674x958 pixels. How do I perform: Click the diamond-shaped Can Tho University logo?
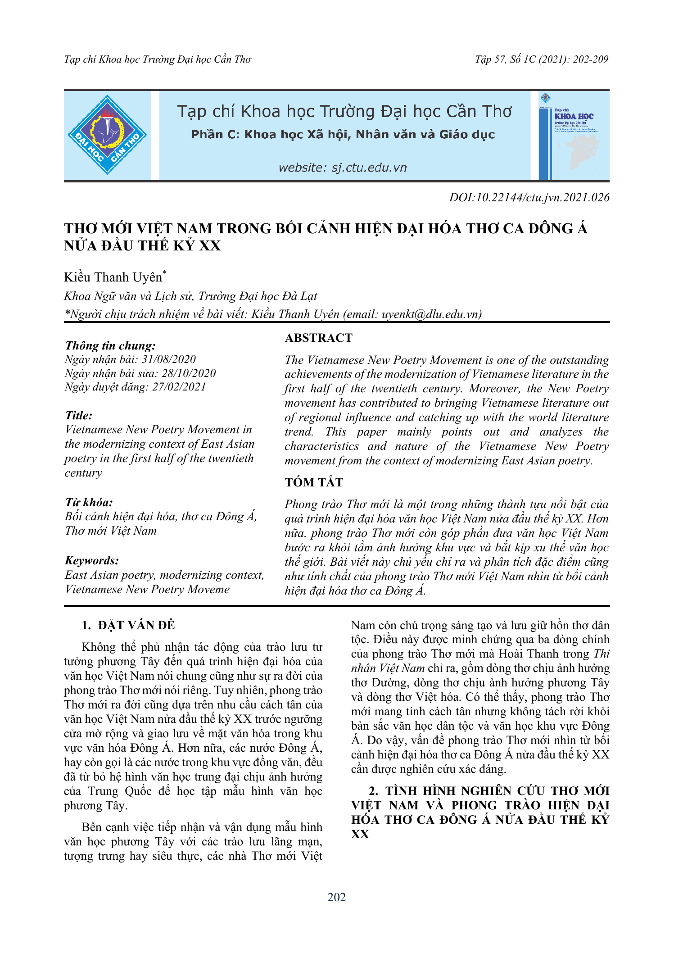point(107,135)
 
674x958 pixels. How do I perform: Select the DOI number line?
point(529,197)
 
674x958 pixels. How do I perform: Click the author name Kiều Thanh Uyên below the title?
point(113,277)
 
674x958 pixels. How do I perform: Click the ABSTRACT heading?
point(318,338)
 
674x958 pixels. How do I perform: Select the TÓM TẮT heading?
point(314,482)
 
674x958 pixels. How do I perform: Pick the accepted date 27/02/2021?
point(179,386)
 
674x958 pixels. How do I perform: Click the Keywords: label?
point(92,560)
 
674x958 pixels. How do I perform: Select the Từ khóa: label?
point(89,502)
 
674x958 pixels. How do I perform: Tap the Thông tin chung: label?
point(110,345)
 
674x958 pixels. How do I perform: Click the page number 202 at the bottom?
point(337,897)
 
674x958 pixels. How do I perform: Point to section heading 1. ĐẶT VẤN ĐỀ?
point(128,625)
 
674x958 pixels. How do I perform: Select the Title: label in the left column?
point(78,415)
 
